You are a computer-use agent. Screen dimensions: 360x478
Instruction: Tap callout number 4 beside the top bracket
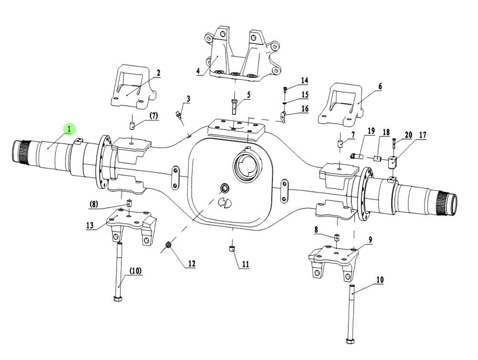point(198,71)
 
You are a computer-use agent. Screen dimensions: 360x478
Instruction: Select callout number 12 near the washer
point(191,263)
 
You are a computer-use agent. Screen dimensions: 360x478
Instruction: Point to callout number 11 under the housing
point(245,263)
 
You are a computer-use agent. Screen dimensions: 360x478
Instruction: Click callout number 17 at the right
point(422,136)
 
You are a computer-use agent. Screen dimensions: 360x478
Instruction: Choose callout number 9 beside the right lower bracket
point(370,240)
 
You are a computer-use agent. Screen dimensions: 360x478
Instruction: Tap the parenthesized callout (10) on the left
point(135,271)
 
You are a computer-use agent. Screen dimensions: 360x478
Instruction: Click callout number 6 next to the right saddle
point(380,87)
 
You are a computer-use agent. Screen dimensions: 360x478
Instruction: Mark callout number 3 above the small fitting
point(188,99)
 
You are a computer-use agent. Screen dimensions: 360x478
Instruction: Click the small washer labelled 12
point(168,246)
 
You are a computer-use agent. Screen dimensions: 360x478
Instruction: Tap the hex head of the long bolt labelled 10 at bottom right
point(348,340)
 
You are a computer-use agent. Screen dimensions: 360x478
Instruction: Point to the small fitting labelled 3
point(179,114)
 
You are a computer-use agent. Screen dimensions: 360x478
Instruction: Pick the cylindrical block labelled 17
point(393,162)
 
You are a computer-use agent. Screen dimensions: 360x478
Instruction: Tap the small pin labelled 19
point(356,155)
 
